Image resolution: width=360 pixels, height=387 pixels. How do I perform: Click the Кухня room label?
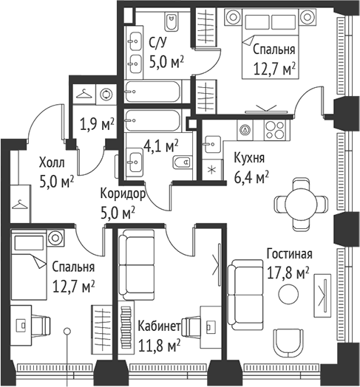click(x=249, y=158)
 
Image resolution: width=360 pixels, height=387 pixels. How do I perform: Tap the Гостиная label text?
click(x=290, y=254)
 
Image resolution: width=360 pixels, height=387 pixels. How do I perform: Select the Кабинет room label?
click(x=159, y=326)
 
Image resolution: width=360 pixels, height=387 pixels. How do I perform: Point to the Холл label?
click(x=52, y=163)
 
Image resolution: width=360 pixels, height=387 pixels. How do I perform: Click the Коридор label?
click(x=123, y=194)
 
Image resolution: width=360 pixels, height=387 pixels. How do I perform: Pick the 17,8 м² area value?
click(x=288, y=273)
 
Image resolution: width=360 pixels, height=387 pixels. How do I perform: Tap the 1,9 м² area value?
click(x=97, y=125)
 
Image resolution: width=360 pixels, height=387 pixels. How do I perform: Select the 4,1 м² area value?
click(x=161, y=147)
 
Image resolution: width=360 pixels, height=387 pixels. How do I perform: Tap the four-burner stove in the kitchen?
click(x=275, y=130)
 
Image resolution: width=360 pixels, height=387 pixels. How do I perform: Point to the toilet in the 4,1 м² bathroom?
click(x=183, y=162)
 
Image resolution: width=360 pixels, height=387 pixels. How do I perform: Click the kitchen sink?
click(x=212, y=144)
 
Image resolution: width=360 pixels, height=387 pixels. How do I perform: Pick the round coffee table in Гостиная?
click(x=288, y=294)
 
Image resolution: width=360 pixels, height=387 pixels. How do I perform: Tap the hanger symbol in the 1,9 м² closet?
click(x=84, y=94)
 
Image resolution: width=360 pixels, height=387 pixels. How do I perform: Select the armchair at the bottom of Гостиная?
click(x=288, y=343)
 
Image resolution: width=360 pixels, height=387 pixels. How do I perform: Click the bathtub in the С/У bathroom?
click(x=153, y=92)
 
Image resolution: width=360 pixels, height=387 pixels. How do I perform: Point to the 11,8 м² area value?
click(x=159, y=346)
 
